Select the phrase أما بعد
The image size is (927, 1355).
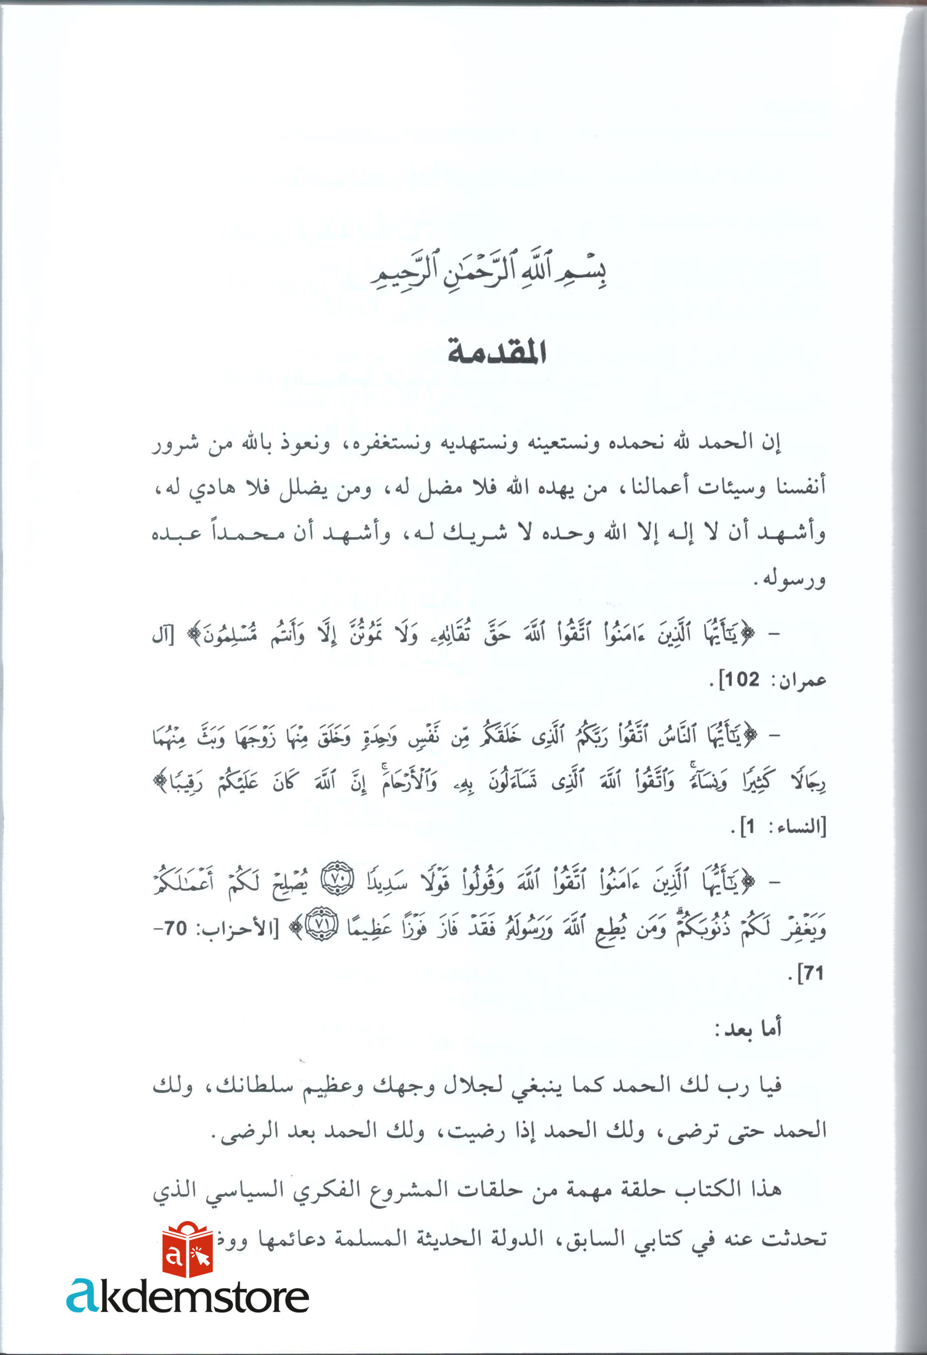pyautogui.click(x=749, y=1029)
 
